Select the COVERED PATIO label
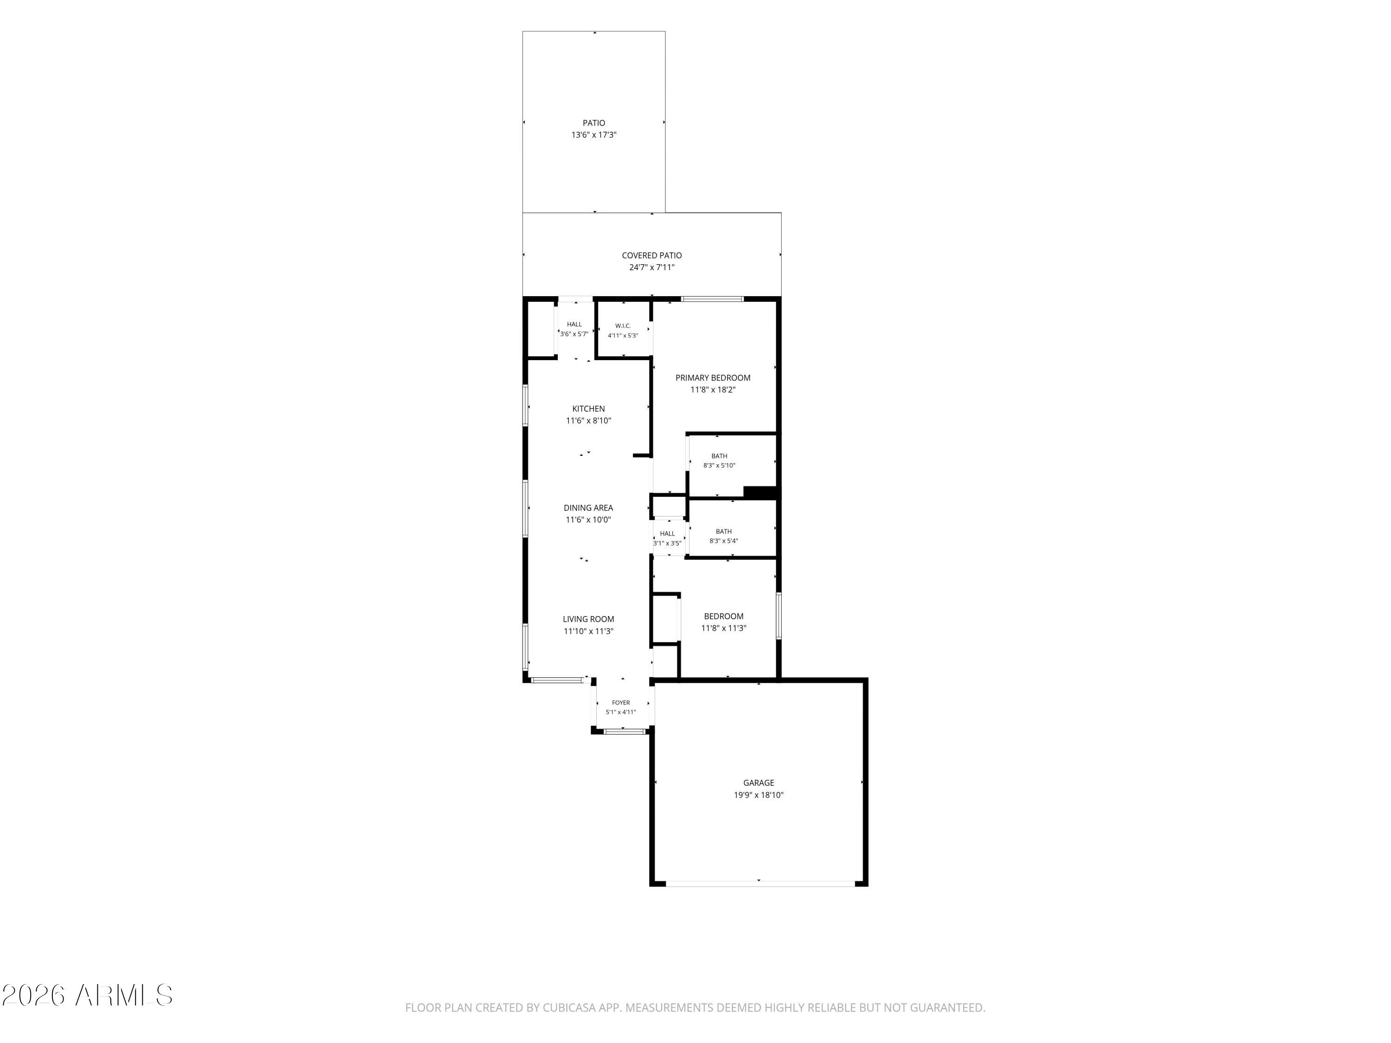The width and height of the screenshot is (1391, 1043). (651, 255)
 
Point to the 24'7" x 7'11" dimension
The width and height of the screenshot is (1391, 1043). (651, 267)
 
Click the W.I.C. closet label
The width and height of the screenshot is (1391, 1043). (623, 326)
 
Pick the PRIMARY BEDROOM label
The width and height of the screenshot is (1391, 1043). (713, 378)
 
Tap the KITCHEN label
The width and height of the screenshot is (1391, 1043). (588, 409)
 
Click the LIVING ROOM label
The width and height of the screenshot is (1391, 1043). (588, 619)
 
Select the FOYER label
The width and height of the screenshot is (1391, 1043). (621, 703)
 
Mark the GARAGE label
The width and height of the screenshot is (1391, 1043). (759, 783)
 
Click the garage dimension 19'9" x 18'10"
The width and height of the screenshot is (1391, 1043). (759, 795)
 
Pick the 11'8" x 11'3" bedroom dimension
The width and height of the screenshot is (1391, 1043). (723, 628)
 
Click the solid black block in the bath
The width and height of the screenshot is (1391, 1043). (760, 492)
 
